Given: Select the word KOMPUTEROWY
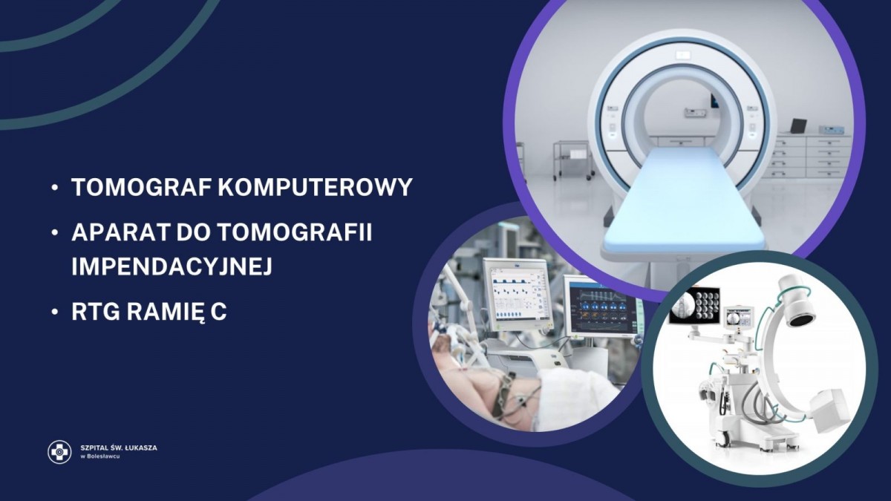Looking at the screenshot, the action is pyautogui.click(x=315, y=187).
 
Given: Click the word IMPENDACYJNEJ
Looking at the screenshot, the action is pyautogui.click(x=172, y=266).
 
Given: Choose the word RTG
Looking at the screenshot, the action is pyautogui.click(x=96, y=312).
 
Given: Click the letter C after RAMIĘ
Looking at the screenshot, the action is pyautogui.click(x=218, y=312).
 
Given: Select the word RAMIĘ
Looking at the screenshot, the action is pyautogui.click(x=165, y=312).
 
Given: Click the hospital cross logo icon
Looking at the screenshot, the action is pyautogui.click(x=59, y=452).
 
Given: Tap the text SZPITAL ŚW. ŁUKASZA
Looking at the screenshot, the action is pyautogui.click(x=119, y=448).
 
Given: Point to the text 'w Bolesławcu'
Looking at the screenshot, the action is pyautogui.click(x=99, y=456).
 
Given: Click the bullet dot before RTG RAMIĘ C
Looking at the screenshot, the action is pyautogui.click(x=55, y=312).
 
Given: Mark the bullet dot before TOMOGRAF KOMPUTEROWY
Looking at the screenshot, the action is pyautogui.click(x=55, y=187).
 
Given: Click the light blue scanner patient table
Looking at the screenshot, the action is pyautogui.click(x=682, y=199).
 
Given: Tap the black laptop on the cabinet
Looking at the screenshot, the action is pyautogui.click(x=798, y=126).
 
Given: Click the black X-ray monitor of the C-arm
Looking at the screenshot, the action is pyautogui.click(x=694, y=304).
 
